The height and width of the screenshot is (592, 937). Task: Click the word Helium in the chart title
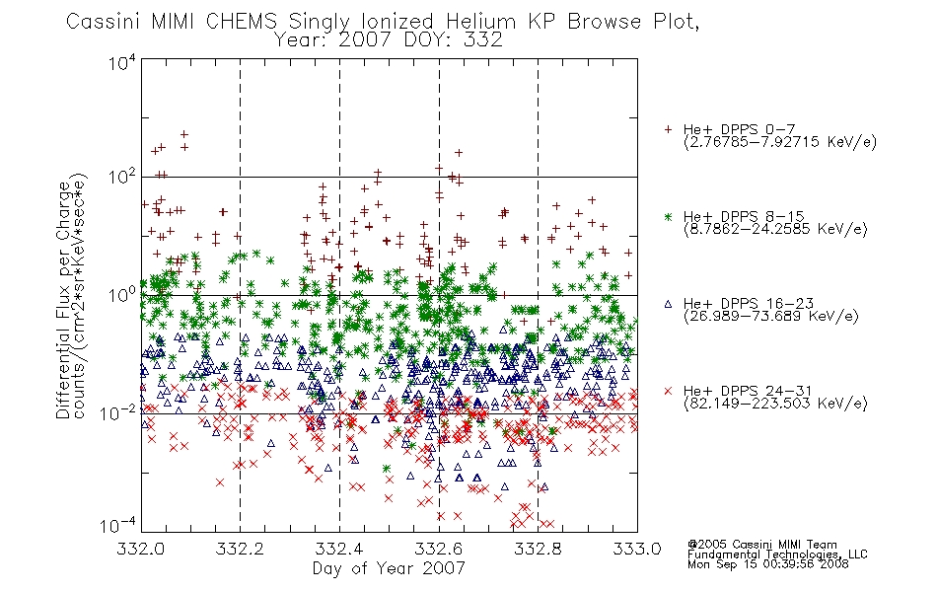pos(480,22)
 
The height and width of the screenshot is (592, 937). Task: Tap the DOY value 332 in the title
pos(484,40)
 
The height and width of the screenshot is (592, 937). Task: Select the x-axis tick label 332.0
pos(140,549)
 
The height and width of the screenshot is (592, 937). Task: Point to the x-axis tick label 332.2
pos(240,549)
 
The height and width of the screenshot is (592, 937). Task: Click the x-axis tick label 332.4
pos(339,549)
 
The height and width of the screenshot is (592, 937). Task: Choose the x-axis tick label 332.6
pos(439,549)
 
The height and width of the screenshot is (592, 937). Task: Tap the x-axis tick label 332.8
pos(538,549)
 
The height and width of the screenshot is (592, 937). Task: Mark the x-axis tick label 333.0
pos(637,549)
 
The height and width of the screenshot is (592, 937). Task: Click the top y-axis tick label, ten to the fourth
pos(122,62)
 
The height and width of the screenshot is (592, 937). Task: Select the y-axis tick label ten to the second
pos(122,178)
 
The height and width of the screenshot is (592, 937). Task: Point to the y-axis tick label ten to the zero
pos(122,295)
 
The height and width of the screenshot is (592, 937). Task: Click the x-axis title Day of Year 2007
pos(389,568)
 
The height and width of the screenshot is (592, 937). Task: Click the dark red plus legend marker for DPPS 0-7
pos(668,129)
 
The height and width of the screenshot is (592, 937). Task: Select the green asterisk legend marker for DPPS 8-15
pos(668,216)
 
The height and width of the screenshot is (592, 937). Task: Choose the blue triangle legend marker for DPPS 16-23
pos(668,304)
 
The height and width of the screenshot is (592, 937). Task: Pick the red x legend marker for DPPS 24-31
pos(668,391)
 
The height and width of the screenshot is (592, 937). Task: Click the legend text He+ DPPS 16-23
pos(749,304)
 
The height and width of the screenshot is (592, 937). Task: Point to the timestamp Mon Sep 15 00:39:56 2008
pos(768,564)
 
